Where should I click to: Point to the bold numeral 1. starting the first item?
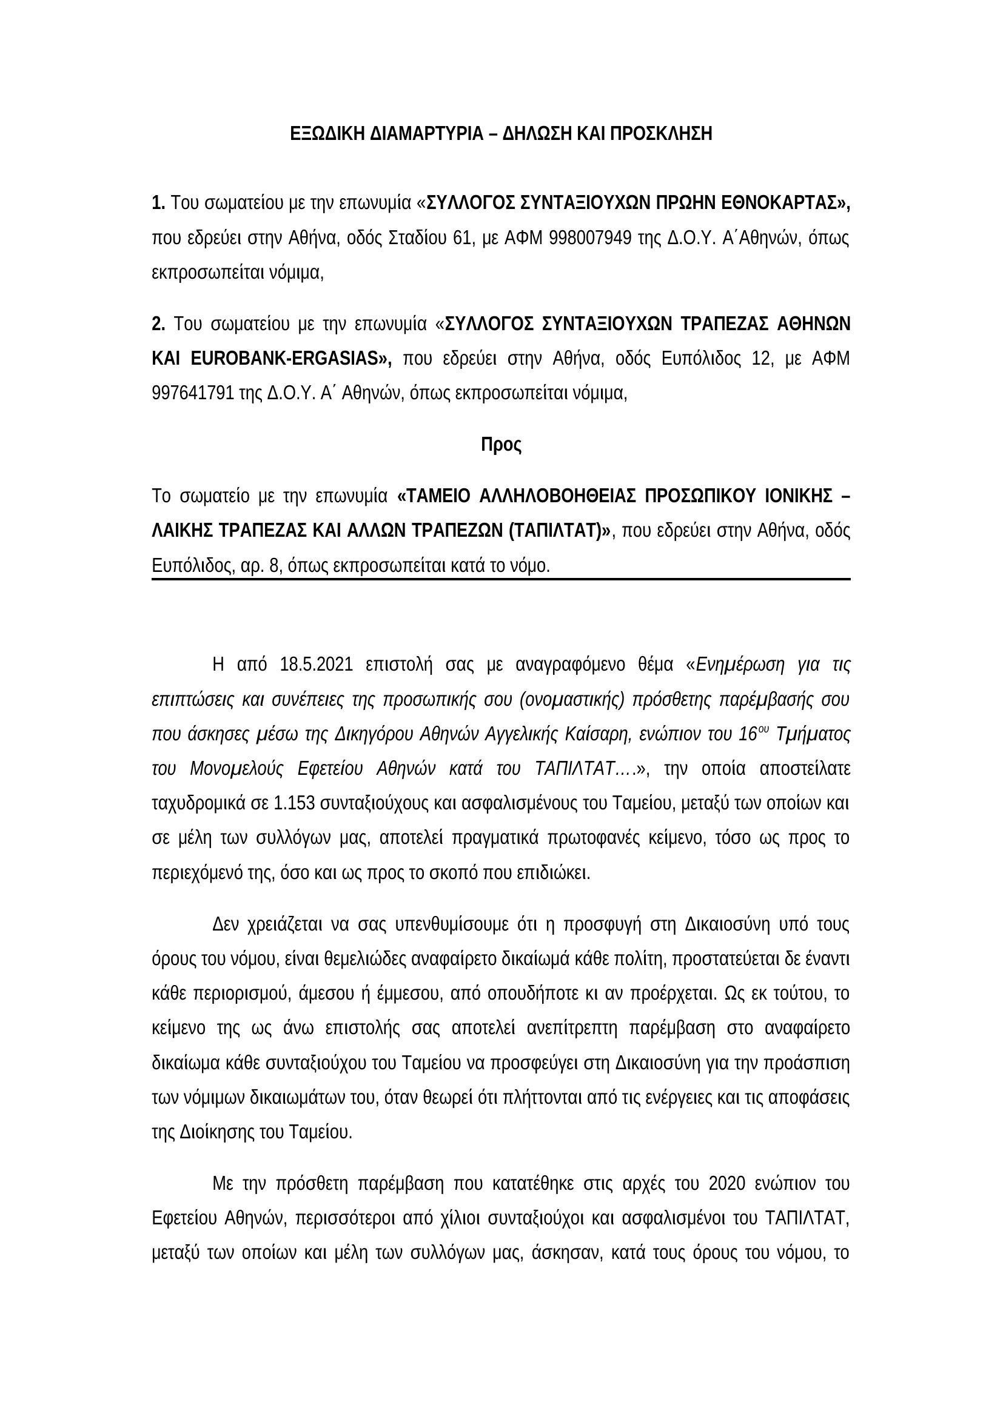(x=159, y=202)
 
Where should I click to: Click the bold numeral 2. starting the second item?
(x=159, y=324)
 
